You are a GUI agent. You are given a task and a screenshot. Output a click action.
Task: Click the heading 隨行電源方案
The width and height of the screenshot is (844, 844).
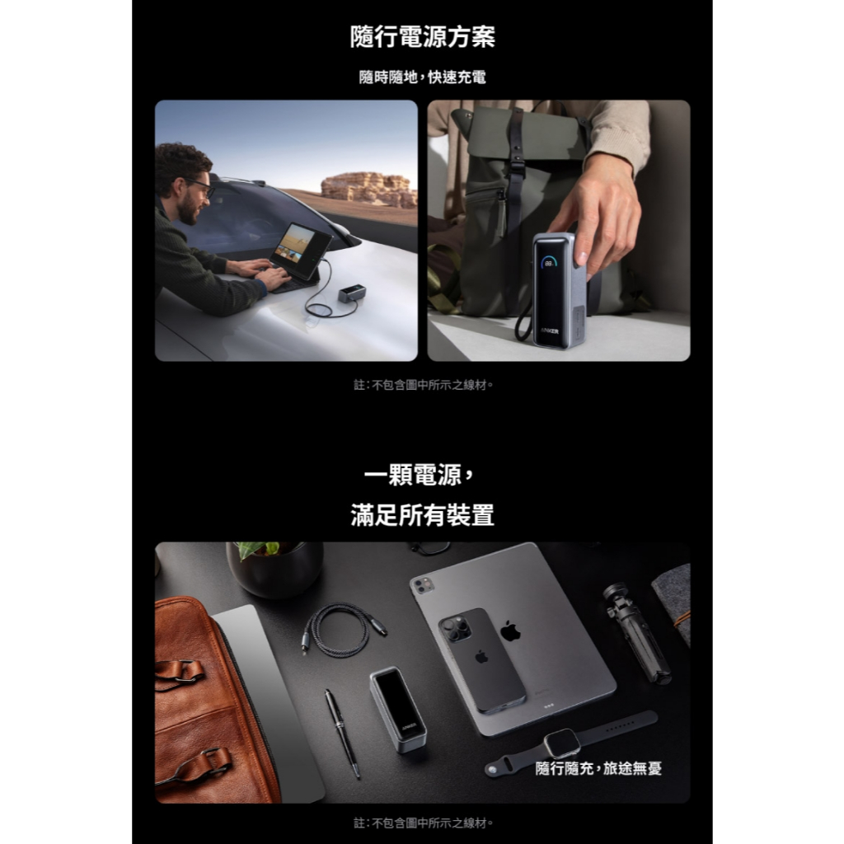[x=422, y=37]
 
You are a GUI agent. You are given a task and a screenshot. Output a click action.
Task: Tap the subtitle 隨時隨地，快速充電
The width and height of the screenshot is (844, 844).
[x=422, y=77]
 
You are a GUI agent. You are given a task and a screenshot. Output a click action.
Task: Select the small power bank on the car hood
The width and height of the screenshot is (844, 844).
[x=352, y=294]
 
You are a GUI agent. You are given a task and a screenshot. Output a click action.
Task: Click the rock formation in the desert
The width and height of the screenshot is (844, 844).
[x=368, y=189]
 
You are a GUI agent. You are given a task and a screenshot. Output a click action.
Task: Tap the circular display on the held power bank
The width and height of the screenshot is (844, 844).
[x=549, y=263]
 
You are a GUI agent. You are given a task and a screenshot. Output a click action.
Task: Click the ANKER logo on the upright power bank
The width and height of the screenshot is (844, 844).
[x=550, y=331]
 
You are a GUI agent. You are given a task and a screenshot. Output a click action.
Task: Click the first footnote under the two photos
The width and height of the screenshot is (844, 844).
[x=423, y=385]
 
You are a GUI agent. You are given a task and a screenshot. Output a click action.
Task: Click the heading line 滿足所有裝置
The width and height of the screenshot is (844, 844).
[x=422, y=515]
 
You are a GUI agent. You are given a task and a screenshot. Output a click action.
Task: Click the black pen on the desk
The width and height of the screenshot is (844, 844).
[x=342, y=734]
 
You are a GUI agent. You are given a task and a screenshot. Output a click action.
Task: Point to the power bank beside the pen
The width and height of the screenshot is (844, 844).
[x=398, y=710]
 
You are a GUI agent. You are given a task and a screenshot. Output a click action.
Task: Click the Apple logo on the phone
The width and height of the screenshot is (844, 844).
[x=481, y=657]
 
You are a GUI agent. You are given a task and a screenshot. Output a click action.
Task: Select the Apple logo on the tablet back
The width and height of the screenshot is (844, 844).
[x=510, y=631]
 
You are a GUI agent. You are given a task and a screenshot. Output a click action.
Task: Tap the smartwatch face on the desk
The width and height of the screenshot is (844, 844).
[x=562, y=744]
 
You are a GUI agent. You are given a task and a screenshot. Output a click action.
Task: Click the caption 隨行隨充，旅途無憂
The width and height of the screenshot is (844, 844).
[x=598, y=768]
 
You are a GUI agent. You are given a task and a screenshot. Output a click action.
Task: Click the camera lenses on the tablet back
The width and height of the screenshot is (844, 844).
[x=424, y=585]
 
